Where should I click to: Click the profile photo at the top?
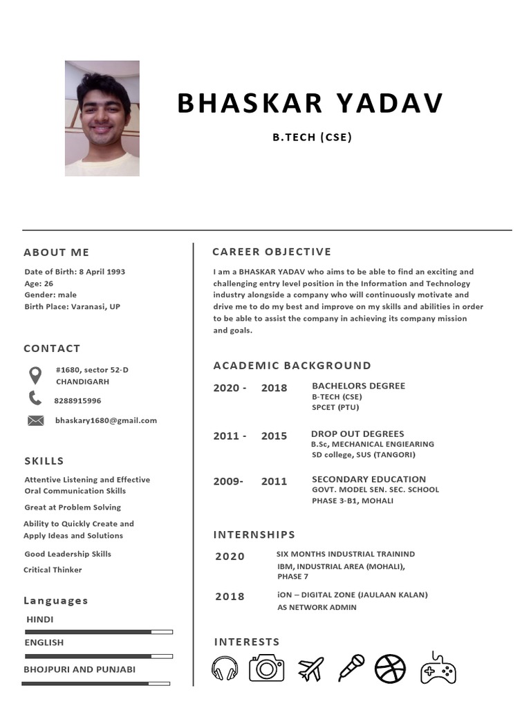[102, 118]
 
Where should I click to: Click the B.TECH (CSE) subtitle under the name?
[312, 137]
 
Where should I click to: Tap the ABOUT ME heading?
[57, 252]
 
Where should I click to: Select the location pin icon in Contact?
[35, 375]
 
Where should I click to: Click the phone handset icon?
[35, 398]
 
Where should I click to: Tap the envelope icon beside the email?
[35, 420]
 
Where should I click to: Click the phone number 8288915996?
[77, 401]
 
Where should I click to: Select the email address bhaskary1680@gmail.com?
[106, 420]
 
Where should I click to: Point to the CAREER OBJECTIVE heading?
[272, 252]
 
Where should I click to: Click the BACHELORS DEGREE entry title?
[358, 386]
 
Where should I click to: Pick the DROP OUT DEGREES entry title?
[357, 434]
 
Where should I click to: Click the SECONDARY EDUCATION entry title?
[369, 479]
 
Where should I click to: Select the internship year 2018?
[230, 597]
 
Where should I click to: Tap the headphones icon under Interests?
[225, 669]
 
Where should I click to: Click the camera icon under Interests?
[266, 669]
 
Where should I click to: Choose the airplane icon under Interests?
[310, 669]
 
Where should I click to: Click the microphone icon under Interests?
[351, 668]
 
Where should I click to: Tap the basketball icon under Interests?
[391, 669]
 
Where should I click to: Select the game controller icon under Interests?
[438, 668]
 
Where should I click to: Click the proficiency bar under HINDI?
[98, 632]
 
